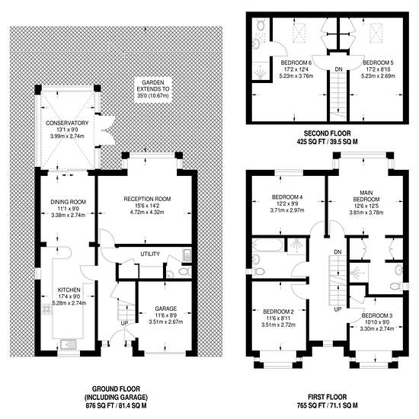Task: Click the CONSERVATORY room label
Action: [x=67, y=123]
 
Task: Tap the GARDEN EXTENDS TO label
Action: [x=153, y=86]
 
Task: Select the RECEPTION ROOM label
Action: [x=147, y=199]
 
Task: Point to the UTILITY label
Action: [x=150, y=254]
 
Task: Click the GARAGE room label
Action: [x=165, y=309]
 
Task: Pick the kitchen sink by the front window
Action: [x=68, y=344]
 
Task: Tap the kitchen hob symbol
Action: [x=46, y=309]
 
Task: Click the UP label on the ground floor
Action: [x=124, y=323]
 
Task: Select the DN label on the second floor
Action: [x=338, y=69]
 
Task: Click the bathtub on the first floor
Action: [x=267, y=245]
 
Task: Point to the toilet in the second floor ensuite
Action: [x=261, y=25]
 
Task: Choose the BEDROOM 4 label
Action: [x=287, y=197]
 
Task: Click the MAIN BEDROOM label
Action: [x=366, y=196]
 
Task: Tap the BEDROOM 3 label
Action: [x=377, y=315]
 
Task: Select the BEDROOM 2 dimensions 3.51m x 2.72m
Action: [x=278, y=325]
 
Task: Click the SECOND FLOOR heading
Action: [x=328, y=133]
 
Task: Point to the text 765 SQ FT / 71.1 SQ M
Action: [x=328, y=405]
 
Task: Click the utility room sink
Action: [x=187, y=254]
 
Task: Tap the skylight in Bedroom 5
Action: [x=377, y=33]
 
